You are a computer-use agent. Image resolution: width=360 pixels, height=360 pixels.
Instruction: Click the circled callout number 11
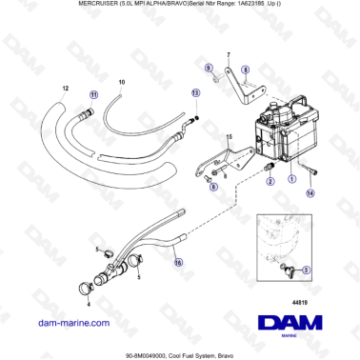[x=92, y=95]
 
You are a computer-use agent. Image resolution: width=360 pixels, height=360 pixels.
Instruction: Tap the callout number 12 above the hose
[x=65, y=89]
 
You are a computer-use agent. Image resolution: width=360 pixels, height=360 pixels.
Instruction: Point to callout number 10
[x=121, y=84]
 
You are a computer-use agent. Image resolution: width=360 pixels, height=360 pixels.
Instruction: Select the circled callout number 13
[x=196, y=94]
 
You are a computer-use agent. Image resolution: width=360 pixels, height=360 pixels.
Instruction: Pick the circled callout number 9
[x=209, y=70]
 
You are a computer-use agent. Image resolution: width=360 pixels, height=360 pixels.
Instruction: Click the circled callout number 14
[x=310, y=192]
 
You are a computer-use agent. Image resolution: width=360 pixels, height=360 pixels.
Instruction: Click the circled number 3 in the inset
[x=305, y=270]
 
